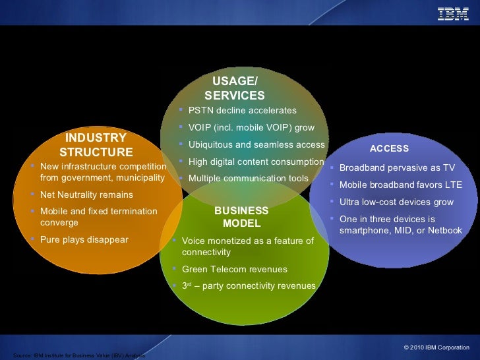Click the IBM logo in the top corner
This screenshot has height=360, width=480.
coord(453,13)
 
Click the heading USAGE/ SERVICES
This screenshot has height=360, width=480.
coord(235,88)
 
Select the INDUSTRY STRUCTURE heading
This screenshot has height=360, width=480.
coord(96,145)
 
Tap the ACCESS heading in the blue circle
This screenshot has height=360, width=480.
coord(389,149)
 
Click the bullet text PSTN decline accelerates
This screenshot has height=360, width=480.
coord(242,111)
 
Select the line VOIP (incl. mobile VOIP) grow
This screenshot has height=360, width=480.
coord(251,128)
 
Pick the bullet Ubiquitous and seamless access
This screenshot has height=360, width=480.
coord(256,145)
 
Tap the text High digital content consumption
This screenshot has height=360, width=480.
coord(256,162)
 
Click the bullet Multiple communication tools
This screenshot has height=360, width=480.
coord(248,179)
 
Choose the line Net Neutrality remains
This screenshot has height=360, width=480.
coord(86,195)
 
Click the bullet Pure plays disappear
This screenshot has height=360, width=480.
coord(84,240)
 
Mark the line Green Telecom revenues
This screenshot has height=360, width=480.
coord(234,270)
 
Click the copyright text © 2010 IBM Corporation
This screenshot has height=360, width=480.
coord(436,347)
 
